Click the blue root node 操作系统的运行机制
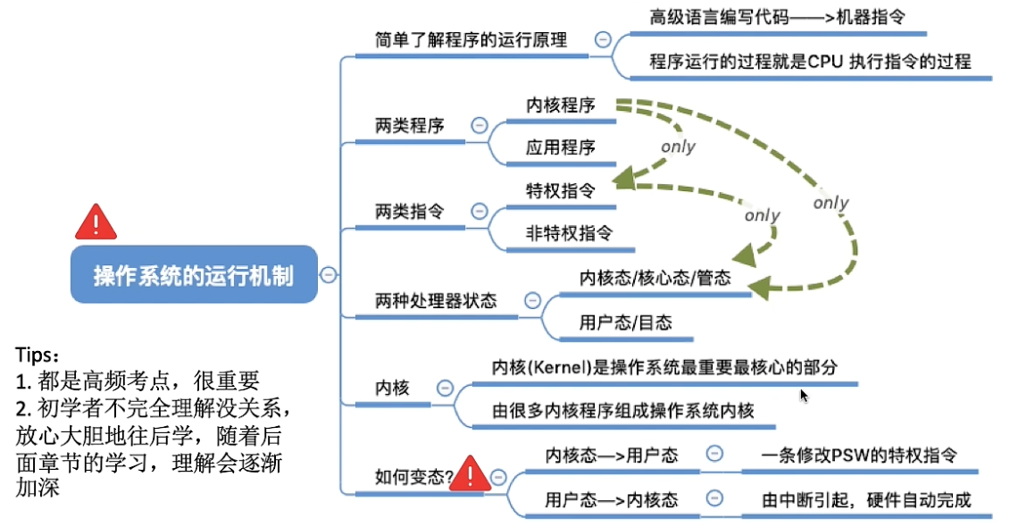pyautogui.click(x=194, y=274)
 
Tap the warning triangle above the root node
pyautogui.click(x=96, y=222)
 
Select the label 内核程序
pyautogui.click(x=560, y=105)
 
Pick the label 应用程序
pyautogui.click(x=560, y=147)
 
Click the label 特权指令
pyautogui.click(x=560, y=190)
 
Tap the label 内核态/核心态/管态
pyautogui.click(x=655, y=278)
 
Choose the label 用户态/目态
pyautogui.click(x=624, y=322)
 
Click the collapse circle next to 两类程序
pyautogui.click(x=480, y=125)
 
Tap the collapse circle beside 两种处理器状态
pyautogui.click(x=532, y=301)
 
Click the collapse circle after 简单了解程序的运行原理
pyautogui.click(x=604, y=40)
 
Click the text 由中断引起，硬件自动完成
pyautogui.click(x=865, y=499)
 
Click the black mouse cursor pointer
pyautogui.click(x=804, y=395)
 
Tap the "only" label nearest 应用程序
pyautogui.click(x=678, y=147)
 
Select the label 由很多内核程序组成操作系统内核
pyautogui.click(x=623, y=411)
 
